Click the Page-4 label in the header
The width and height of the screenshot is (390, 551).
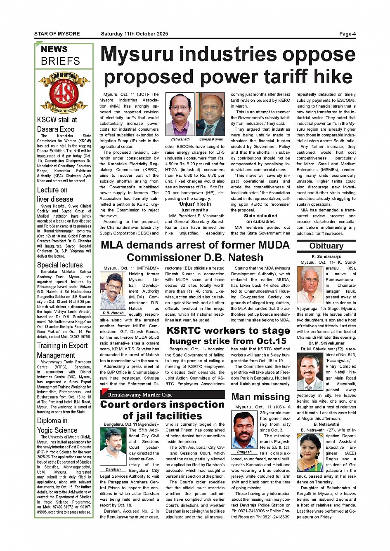347,34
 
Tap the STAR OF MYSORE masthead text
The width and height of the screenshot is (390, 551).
57,34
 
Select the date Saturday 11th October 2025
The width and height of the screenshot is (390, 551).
134,34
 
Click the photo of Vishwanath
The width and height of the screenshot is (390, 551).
180,114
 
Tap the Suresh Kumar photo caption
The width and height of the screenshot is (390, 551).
211,139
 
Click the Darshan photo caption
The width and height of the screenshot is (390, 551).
113,469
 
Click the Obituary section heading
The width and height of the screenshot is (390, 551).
326,246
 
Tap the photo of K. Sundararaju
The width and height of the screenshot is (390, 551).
310,285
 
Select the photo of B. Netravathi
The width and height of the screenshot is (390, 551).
310,453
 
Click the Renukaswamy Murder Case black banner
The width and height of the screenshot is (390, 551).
162,394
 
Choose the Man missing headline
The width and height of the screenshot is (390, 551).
260,397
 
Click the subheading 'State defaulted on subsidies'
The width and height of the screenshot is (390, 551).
260,218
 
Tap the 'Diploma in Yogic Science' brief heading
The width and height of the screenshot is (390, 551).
57,425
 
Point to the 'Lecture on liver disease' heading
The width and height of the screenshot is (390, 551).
55,195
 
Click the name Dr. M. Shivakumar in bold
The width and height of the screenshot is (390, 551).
326,343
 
